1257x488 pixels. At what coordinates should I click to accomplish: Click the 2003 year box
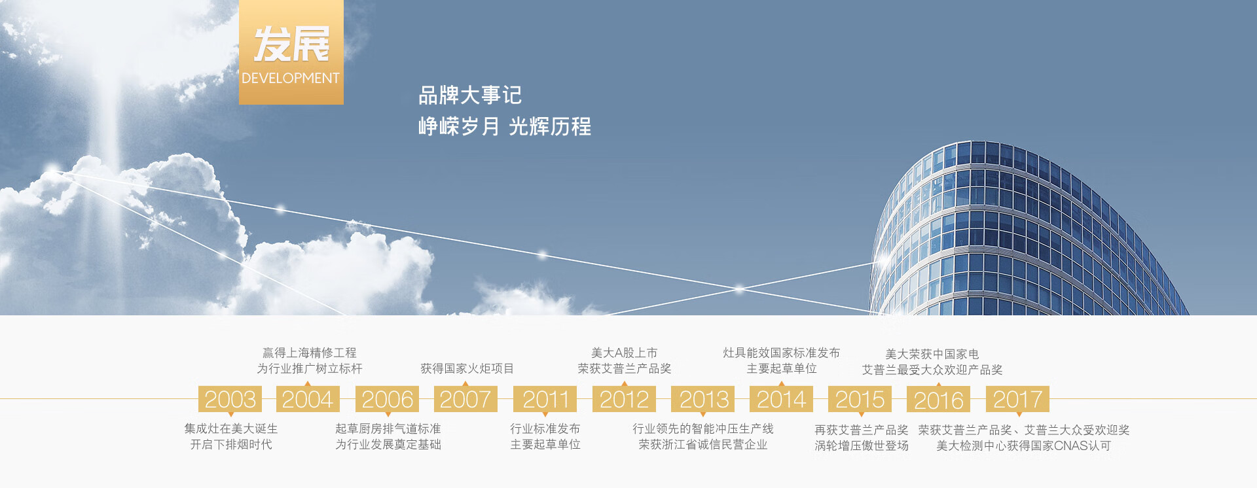click(230, 399)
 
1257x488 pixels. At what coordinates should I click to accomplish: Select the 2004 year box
click(308, 399)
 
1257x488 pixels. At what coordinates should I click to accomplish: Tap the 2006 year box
click(388, 399)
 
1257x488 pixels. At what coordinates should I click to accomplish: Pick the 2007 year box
click(465, 399)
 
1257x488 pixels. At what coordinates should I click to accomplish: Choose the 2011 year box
click(545, 399)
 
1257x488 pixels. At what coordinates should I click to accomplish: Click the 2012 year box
click(624, 399)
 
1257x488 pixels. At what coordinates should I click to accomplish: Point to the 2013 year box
click(703, 399)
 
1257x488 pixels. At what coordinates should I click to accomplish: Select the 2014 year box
click(782, 399)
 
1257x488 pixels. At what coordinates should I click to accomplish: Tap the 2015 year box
click(860, 399)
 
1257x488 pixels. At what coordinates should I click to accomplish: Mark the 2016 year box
click(939, 399)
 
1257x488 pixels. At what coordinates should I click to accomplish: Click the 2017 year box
click(1018, 399)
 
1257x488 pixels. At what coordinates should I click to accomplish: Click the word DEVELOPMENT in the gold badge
click(291, 78)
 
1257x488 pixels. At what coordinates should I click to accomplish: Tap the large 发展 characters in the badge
click(291, 44)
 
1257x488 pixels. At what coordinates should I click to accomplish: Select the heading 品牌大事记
click(470, 96)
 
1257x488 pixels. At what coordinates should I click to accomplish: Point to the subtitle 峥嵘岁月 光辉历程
click(505, 126)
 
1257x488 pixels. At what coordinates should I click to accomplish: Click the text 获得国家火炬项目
click(467, 368)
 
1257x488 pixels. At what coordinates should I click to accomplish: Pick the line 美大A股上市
click(624, 353)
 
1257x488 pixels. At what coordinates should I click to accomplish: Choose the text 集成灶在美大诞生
click(231, 428)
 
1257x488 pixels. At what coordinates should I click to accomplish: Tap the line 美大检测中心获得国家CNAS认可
click(1023, 445)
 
